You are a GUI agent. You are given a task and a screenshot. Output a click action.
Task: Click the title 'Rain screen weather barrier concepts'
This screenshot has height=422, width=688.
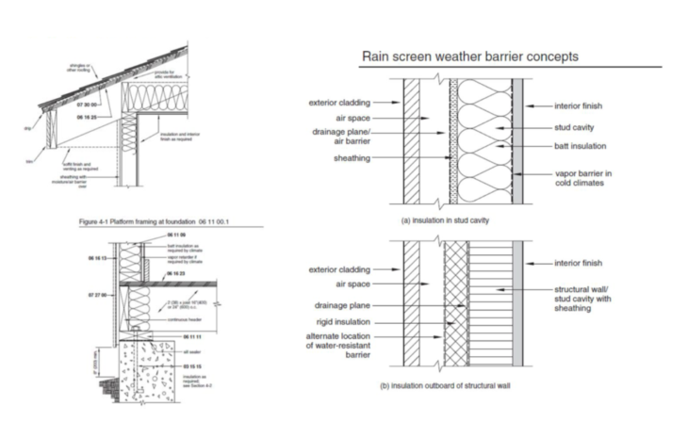coord(470,57)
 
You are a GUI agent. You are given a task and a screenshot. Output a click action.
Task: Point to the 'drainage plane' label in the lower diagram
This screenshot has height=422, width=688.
coord(342,305)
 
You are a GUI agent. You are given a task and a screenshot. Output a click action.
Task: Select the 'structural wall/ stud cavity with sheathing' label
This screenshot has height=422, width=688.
coord(601,300)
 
